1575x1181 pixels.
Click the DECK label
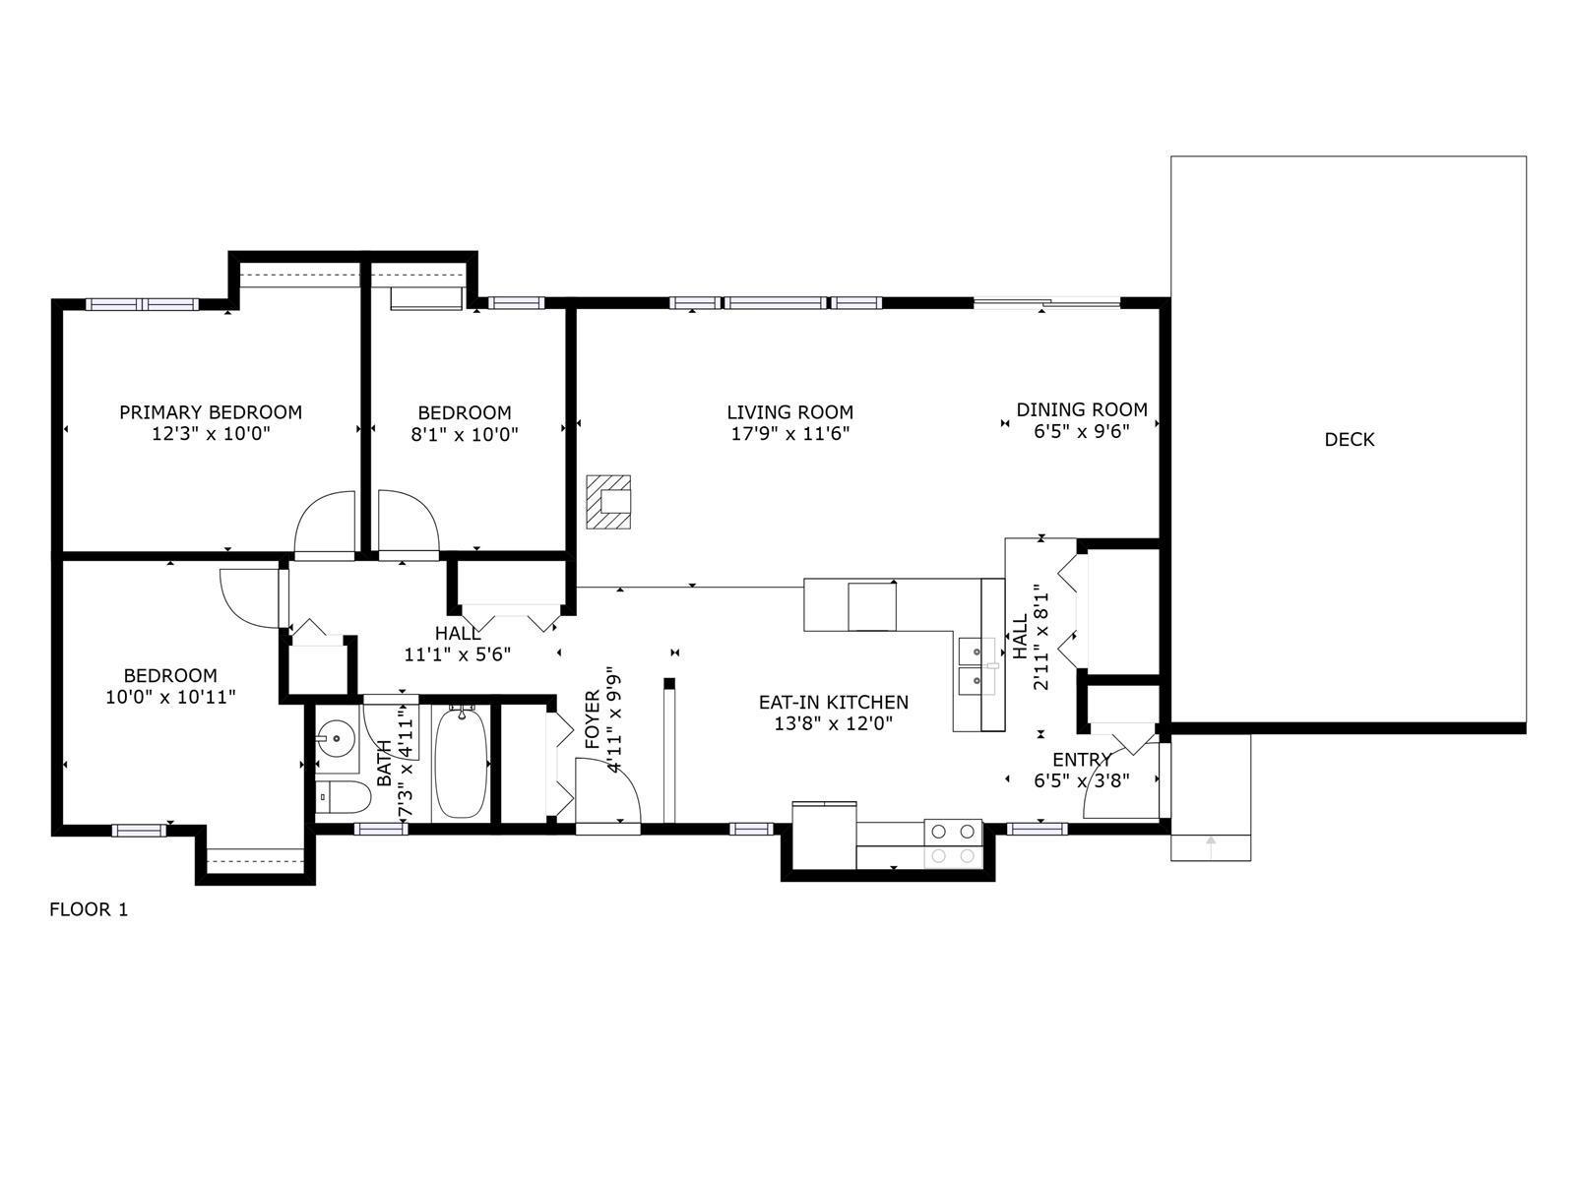click(x=1349, y=440)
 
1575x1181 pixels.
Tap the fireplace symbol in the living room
click(x=607, y=502)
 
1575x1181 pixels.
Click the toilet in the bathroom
click(x=343, y=796)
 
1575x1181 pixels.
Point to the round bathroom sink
click(x=337, y=738)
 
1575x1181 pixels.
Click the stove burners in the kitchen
click(x=953, y=843)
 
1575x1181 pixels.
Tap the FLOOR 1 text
click(x=89, y=909)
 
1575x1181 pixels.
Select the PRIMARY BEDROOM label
click(x=211, y=412)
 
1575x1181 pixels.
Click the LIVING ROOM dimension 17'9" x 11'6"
click(x=790, y=433)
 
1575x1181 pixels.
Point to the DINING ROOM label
click(x=1081, y=409)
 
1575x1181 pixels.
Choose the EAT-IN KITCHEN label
click(x=833, y=702)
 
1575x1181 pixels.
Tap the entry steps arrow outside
click(x=1211, y=846)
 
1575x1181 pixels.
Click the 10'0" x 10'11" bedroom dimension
click(x=170, y=697)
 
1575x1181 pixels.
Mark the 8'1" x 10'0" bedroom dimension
click(x=465, y=434)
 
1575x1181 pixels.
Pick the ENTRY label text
click(x=1081, y=760)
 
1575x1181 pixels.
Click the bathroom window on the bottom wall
click(x=381, y=829)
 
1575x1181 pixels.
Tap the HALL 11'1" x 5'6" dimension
click(x=457, y=654)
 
